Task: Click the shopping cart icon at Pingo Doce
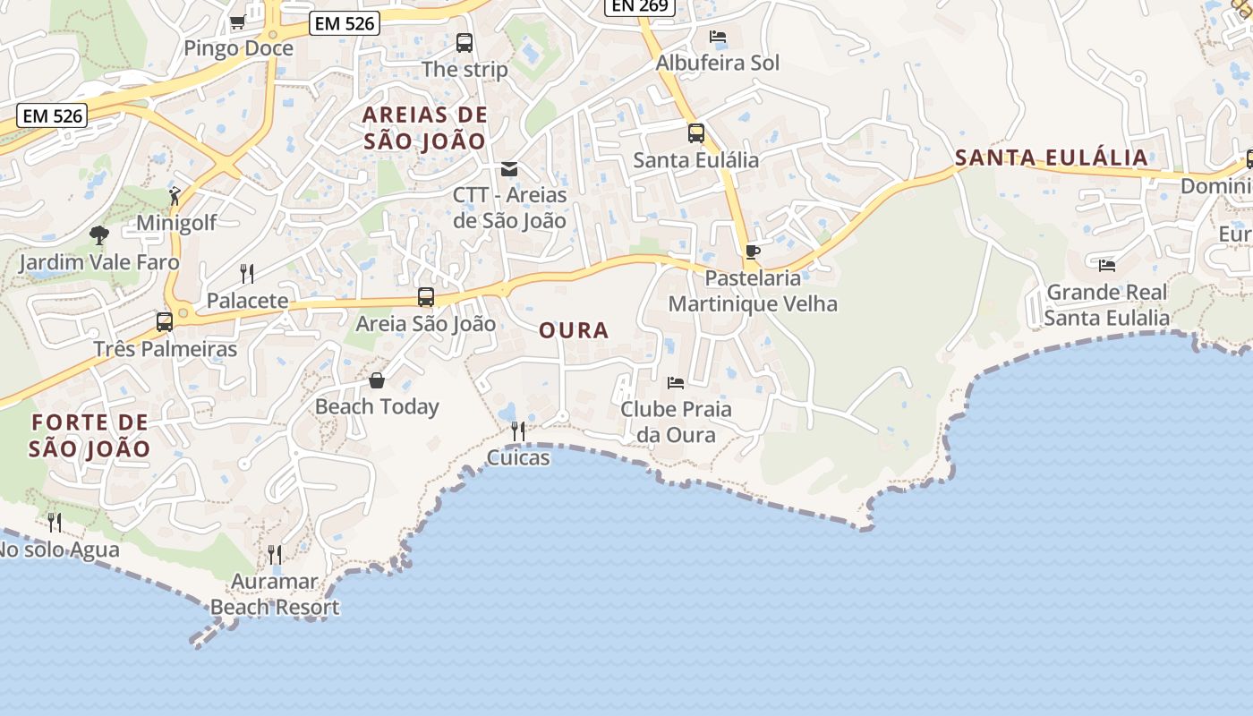[237, 21]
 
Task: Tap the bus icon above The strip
[464, 42]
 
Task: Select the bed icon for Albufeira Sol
[717, 37]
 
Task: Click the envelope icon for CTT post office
[509, 168]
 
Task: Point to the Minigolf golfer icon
[175, 195]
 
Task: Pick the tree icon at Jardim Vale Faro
[98, 235]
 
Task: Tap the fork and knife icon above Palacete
[247, 273]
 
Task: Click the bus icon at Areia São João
[426, 296]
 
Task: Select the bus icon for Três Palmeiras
[165, 321]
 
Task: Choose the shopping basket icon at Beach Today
[377, 380]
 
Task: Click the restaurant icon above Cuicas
[517, 431]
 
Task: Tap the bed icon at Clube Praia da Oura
[676, 383]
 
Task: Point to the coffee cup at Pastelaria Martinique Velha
[752, 251]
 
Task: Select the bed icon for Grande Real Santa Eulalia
[1107, 265]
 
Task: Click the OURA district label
[574, 330]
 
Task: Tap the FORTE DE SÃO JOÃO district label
[89, 435]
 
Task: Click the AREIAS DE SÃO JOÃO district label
[425, 128]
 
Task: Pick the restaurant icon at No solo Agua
[55, 521]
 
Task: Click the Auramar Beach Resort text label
[275, 594]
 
